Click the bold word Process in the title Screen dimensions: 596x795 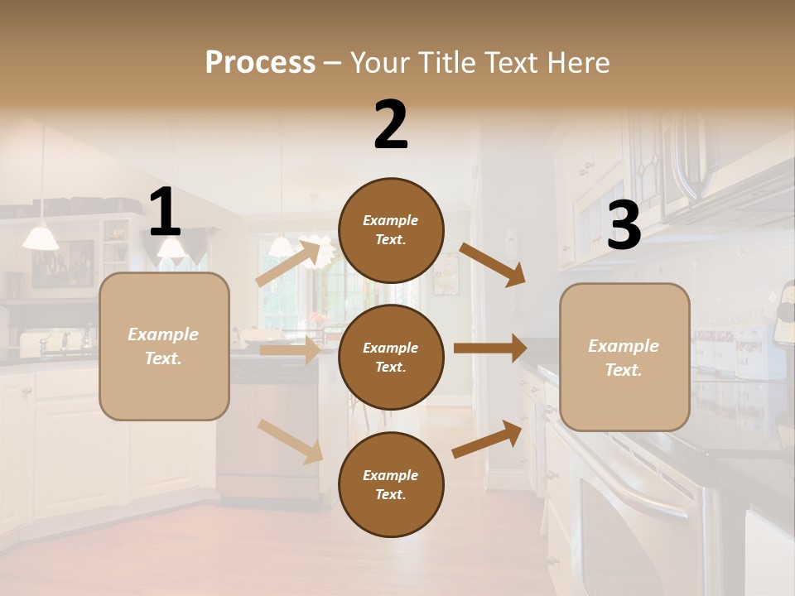[260, 63]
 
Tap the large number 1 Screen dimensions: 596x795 [165, 213]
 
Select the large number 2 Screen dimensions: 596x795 [391, 124]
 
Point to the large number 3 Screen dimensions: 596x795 [624, 225]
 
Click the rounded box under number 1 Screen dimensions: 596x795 [164, 346]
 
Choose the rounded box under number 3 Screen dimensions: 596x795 [624, 357]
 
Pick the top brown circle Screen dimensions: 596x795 [391, 230]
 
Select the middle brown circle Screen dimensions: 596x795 [391, 357]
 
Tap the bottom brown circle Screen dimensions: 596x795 [391, 484]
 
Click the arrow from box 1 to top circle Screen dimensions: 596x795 [289, 262]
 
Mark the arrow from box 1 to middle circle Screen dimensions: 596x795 [291, 351]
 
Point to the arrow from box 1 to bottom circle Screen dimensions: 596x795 [291, 441]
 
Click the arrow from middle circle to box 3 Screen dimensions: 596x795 [490, 348]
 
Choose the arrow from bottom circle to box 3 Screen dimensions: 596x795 [488, 439]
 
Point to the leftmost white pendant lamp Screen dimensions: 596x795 [41, 238]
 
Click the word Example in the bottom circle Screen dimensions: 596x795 [391, 475]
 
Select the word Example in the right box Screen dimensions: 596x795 [624, 346]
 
